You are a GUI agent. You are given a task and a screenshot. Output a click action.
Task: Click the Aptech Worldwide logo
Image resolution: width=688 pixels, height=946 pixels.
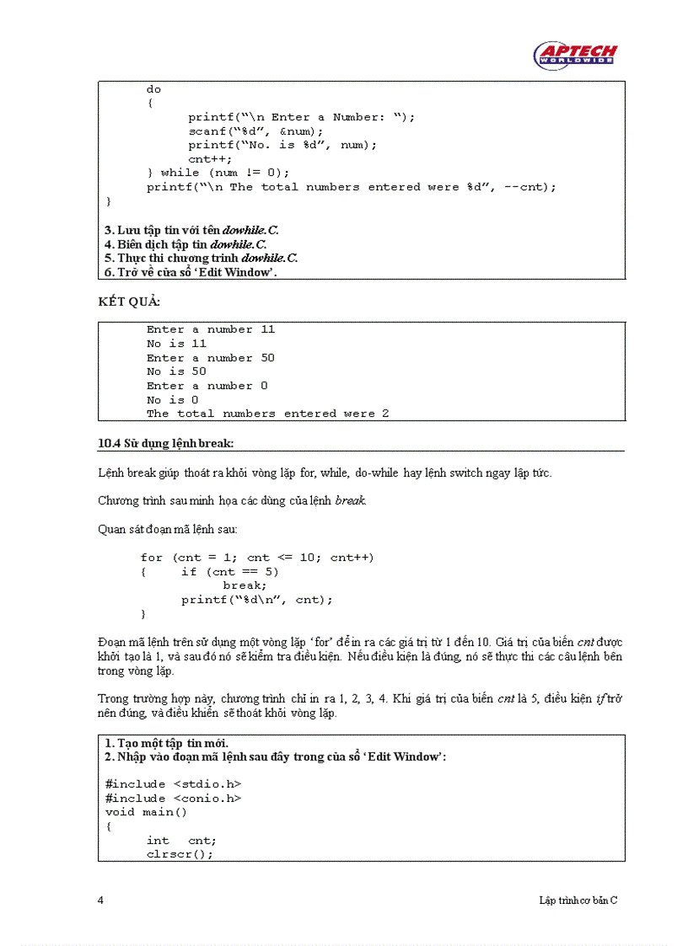click(575, 55)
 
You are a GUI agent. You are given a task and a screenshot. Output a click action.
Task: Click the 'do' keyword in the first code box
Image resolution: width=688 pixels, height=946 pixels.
click(153, 89)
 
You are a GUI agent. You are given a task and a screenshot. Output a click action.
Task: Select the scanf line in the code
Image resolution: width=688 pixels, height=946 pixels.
click(255, 131)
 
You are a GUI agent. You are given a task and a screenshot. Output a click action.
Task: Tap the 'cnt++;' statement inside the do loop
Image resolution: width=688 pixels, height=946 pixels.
click(210, 158)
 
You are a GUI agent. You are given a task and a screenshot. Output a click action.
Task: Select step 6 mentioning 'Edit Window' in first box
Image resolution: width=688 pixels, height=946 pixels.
click(191, 272)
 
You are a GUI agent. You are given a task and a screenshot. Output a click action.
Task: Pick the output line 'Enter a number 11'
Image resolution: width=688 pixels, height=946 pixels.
click(211, 329)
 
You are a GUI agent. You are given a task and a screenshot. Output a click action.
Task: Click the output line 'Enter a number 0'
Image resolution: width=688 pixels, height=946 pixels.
click(207, 386)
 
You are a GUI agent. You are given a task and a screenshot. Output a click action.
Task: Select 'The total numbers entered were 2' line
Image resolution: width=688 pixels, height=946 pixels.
click(267, 414)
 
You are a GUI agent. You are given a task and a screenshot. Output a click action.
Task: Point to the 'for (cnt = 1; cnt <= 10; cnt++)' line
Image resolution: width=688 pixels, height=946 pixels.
click(257, 558)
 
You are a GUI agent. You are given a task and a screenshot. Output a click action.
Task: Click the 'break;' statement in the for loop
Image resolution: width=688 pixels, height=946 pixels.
click(245, 585)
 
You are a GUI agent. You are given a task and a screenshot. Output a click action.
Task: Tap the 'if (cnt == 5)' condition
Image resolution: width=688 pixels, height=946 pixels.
click(229, 571)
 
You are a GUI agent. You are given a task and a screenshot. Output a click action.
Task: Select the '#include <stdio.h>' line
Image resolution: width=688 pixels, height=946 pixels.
click(173, 784)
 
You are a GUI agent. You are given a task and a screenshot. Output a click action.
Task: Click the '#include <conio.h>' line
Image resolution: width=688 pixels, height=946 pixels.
click(173, 798)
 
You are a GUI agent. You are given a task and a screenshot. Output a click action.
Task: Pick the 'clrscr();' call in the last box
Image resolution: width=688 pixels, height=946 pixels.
click(180, 853)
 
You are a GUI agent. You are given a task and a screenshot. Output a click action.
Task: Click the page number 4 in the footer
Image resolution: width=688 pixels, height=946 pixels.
click(101, 901)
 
